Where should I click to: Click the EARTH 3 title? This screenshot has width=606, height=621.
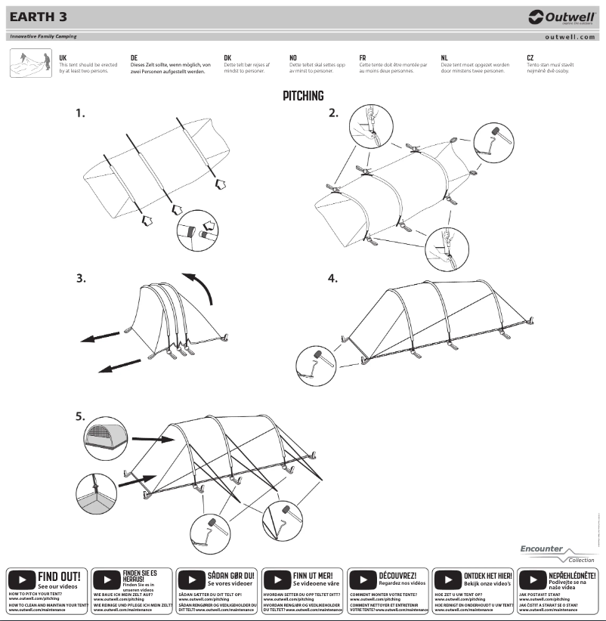click(x=36, y=17)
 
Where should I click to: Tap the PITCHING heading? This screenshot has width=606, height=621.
click(x=303, y=96)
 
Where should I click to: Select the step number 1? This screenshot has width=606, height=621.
click(x=80, y=113)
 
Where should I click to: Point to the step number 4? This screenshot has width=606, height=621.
click(x=332, y=278)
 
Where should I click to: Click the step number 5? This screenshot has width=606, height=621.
click(x=80, y=416)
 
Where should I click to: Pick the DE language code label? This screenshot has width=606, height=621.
click(x=134, y=57)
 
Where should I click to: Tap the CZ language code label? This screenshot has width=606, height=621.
click(x=530, y=57)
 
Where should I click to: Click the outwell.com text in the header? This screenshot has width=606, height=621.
click(x=570, y=36)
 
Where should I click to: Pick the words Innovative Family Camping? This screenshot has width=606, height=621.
click(x=43, y=36)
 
